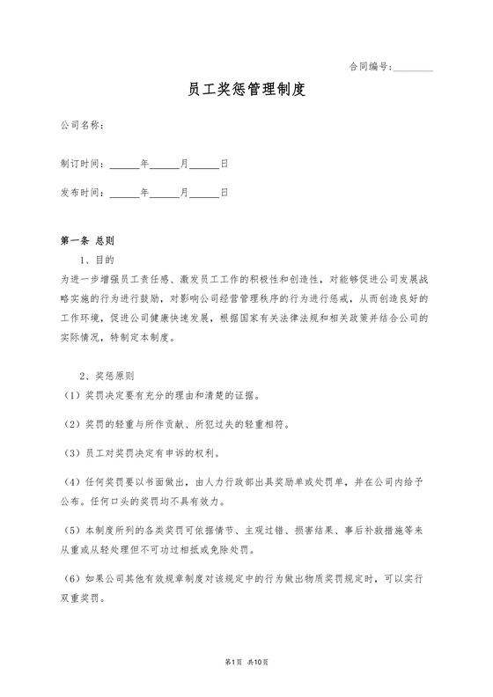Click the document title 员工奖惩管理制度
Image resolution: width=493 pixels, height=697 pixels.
click(246, 91)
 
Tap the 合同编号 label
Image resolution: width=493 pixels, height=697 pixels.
click(370, 66)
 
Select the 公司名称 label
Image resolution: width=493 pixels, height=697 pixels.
click(83, 126)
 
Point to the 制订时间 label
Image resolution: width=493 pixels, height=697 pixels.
click(83, 165)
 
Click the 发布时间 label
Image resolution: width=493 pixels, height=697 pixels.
click(83, 192)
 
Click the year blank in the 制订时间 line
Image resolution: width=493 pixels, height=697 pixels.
click(124, 165)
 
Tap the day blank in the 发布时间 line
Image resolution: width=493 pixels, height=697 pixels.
click(205, 192)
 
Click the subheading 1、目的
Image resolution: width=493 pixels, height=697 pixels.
click(97, 260)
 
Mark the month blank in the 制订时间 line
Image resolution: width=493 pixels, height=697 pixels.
click(165, 165)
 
